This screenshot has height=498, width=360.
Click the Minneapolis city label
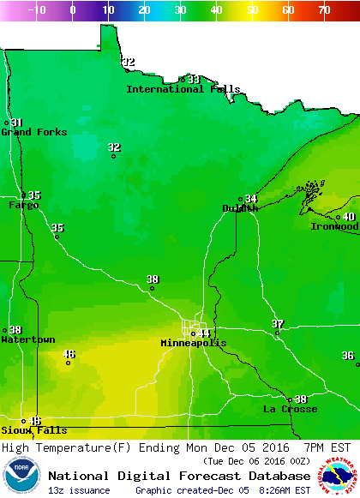[x=194, y=343]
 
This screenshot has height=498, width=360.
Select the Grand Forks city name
[x=27, y=132]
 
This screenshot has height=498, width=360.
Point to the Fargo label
[x=23, y=206]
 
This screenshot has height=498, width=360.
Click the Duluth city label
[x=239, y=208]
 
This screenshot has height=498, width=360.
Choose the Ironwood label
[x=335, y=226]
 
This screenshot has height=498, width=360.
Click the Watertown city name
[x=27, y=340]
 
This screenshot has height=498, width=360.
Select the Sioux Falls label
[x=21, y=430]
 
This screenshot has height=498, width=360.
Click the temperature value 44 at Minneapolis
[x=204, y=333]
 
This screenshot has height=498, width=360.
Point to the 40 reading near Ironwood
[x=349, y=217]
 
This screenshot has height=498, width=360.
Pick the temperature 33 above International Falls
[x=194, y=79]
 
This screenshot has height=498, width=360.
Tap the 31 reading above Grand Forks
[x=16, y=123]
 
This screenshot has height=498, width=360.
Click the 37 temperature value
[x=278, y=323]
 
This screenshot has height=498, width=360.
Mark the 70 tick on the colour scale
[x=323, y=10]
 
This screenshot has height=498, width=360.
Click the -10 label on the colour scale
[x=37, y=10]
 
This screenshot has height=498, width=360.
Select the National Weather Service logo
[x=339, y=476]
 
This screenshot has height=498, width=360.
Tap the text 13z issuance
[x=80, y=490]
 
